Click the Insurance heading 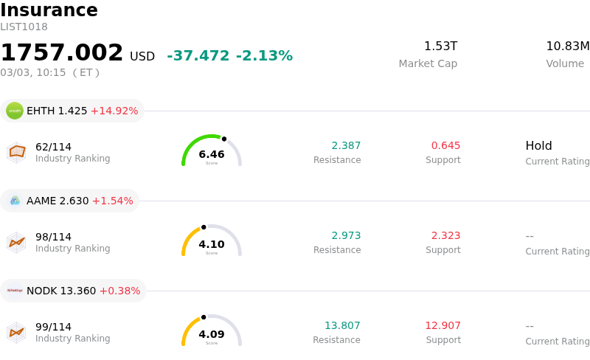pyautogui.click(x=49, y=10)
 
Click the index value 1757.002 pyautogui.click(x=62, y=53)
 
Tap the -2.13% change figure pyautogui.click(x=264, y=56)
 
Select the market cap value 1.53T pyautogui.click(x=440, y=46)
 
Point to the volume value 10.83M pyautogui.click(x=567, y=46)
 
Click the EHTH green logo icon pyautogui.click(x=15, y=111)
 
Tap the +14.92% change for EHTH pyautogui.click(x=114, y=111)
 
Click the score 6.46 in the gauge pyautogui.click(x=212, y=154)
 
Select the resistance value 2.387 pyautogui.click(x=346, y=145)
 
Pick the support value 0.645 pyautogui.click(x=445, y=145)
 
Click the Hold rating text pyautogui.click(x=538, y=146)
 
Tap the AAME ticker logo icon pyautogui.click(x=15, y=201)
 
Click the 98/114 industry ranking pyautogui.click(x=53, y=237)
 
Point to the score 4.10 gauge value pyautogui.click(x=212, y=244)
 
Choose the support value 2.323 pyautogui.click(x=445, y=235)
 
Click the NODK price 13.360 pyautogui.click(x=77, y=291)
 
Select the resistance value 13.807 pyautogui.click(x=342, y=325)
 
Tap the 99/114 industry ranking pyautogui.click(x=53, y=327)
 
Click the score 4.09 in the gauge pyautogui.click(x=212, y=334)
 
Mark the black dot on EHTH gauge pyautogui.click(x=224, y=139)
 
